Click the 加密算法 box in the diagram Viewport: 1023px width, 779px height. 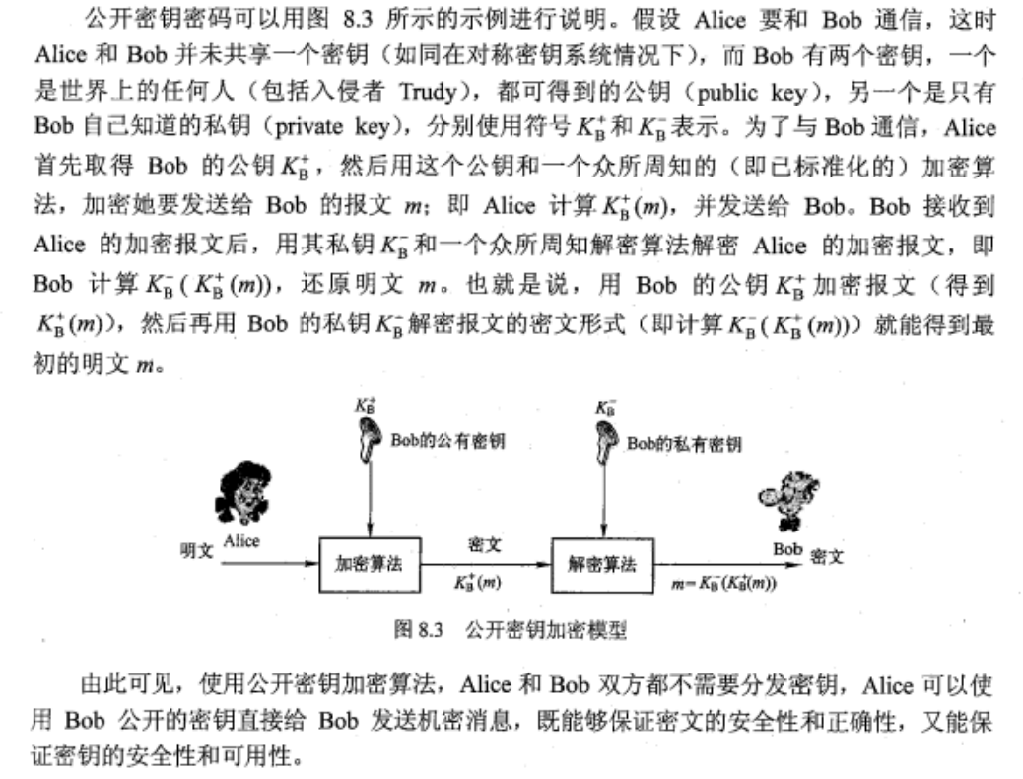tap(369, 565)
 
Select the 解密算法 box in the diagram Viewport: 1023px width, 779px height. tap(601, 565)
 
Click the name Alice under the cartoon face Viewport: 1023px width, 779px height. tap(241, 541)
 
